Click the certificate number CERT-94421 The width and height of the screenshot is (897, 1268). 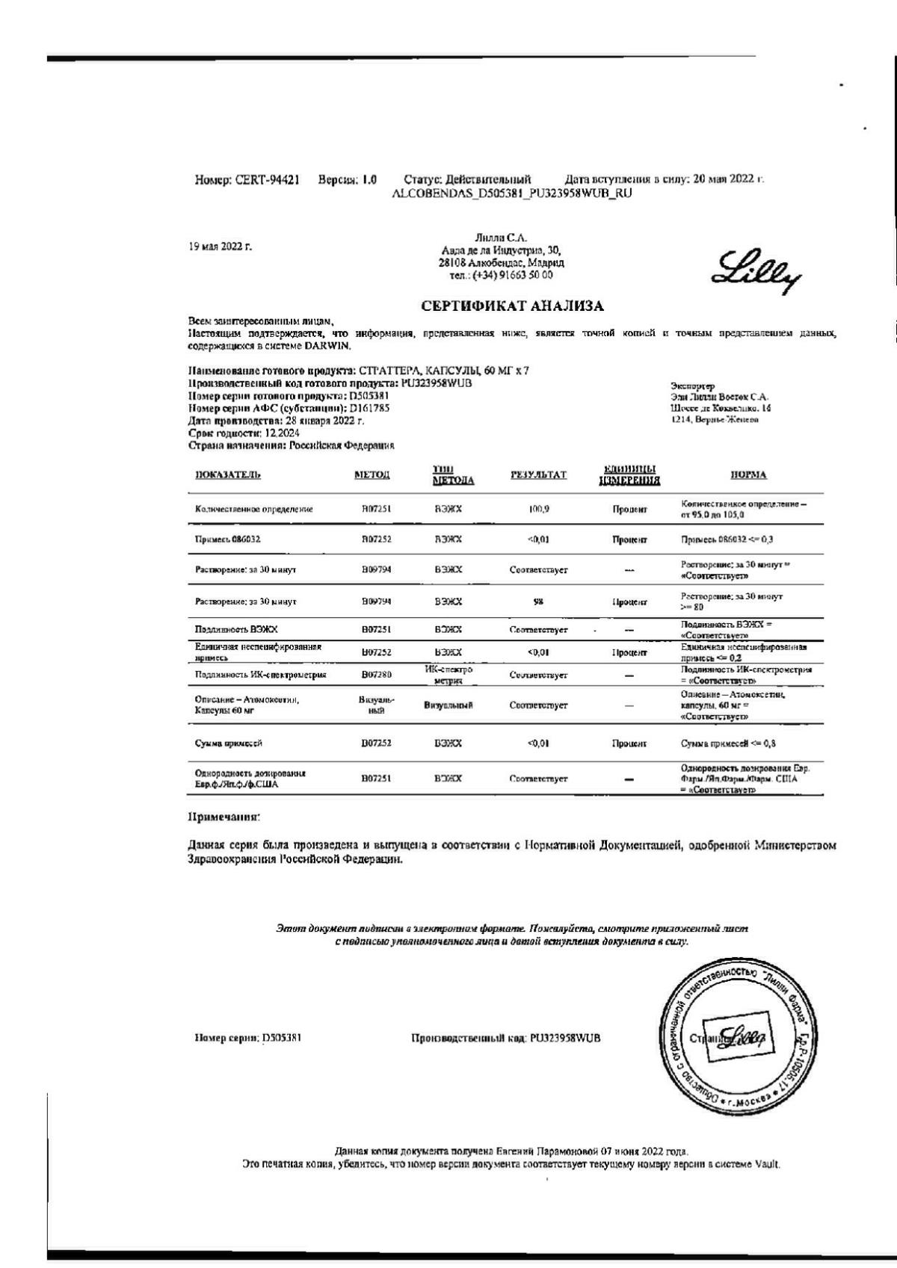268,179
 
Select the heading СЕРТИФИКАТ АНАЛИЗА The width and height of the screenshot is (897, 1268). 512,306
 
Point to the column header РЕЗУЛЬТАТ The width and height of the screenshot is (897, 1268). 538,474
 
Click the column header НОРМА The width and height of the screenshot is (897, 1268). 748,474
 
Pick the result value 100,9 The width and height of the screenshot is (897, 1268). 538,509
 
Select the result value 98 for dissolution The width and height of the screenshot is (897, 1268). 538,601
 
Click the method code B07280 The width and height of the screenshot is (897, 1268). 377,675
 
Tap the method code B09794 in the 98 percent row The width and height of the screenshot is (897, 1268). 377,601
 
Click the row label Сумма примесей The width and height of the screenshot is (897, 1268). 229,743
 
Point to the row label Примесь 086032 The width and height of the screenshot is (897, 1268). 227,539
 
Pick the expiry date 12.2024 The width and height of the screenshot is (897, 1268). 261,433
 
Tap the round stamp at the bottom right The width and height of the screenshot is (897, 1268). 742,1039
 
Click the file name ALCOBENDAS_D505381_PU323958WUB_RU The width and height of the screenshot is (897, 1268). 512,193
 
